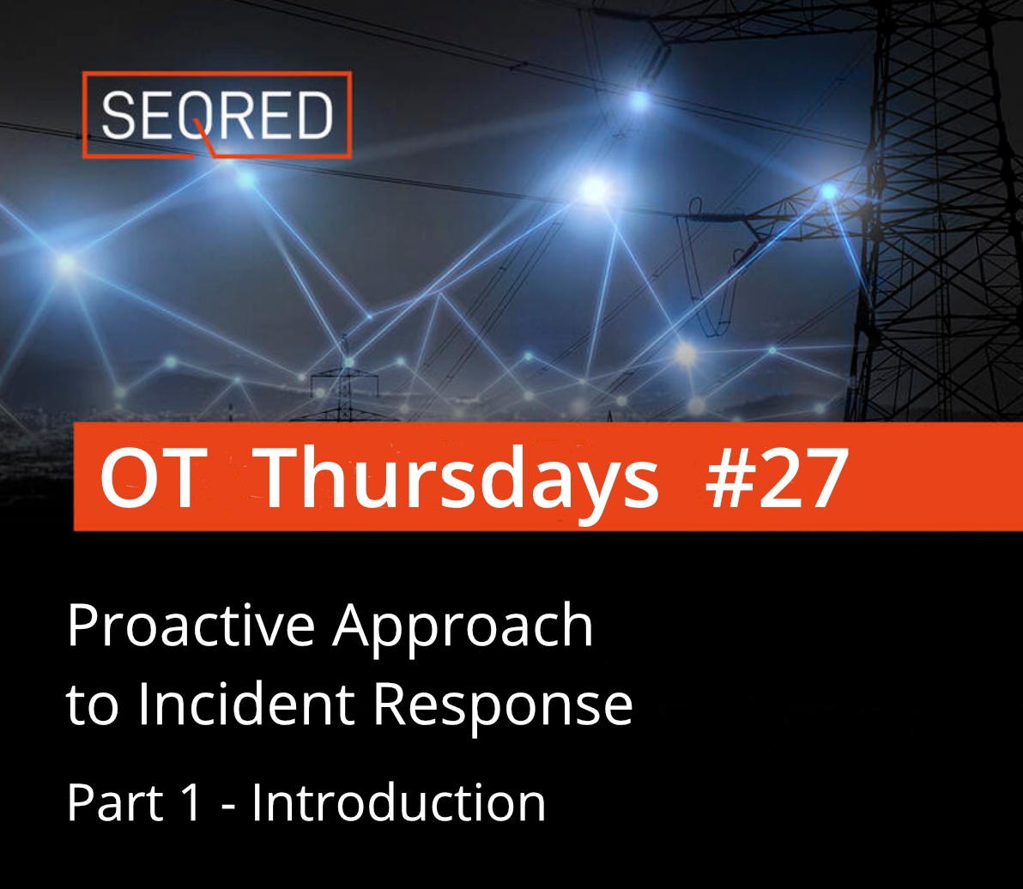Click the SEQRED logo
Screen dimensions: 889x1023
[x=216, y=115]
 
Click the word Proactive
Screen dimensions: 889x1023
[x=191, y=626]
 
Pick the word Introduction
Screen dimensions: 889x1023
[x=398, y=802]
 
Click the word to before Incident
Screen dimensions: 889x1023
[x=90, y=705]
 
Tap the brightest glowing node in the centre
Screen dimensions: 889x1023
[x=594, y=189]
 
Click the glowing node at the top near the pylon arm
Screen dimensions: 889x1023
[x=639, y=100]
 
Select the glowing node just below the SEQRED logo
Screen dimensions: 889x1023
[x=246, y=179]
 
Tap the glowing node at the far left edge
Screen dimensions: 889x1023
[x=65, y=263]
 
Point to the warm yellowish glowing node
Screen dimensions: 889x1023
[x=685, y=353]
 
